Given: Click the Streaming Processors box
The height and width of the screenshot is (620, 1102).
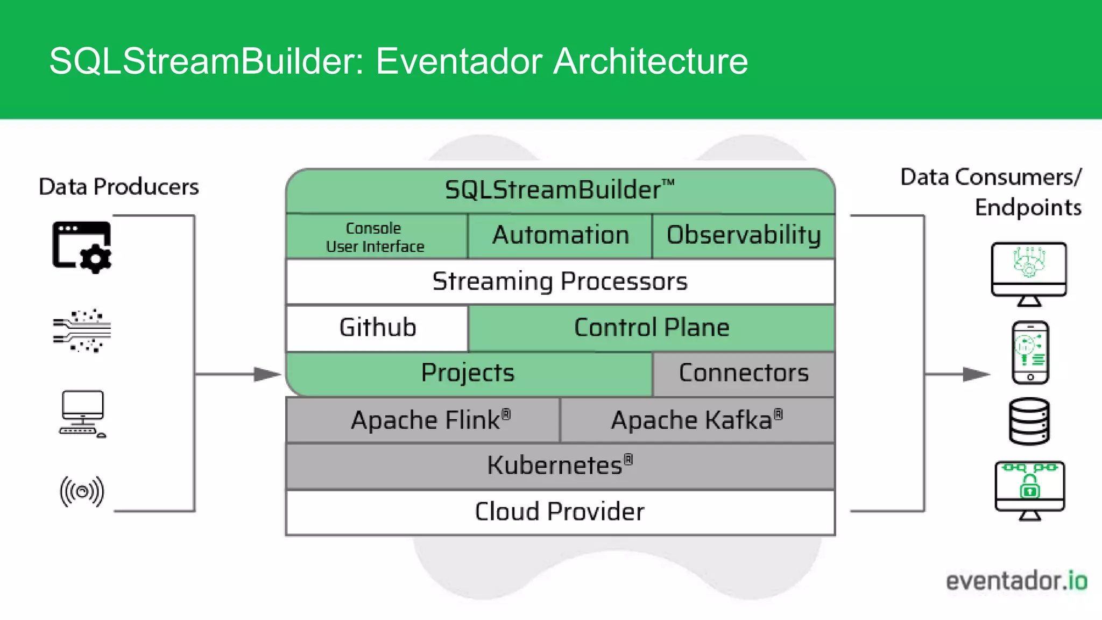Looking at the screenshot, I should pyautogui.click(x=560, y=281).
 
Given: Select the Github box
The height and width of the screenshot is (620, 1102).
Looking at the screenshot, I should pyautogui.click(x=377, y=328).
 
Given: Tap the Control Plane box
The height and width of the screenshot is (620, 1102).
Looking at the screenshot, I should pyautogui.click(x=651, y=328).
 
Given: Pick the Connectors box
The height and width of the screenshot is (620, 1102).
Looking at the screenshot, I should pyautogui.click(x=744, y=374).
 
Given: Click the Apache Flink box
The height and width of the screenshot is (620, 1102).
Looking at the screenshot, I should pyautogui.click(x=423, y=420).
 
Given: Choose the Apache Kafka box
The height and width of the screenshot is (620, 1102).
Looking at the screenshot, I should pyautogui.click(x=697, y=420).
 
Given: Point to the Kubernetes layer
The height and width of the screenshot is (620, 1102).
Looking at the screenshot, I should pyautogui.click(x=560, y=466).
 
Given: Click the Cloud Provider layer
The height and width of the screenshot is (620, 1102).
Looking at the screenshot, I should pyautogui.click(x=560, y=512).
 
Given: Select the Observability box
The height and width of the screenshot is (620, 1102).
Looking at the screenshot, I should pyautogui.click(x=744, y=236).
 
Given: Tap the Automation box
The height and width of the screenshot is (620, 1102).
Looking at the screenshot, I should pyautogui.click(x=560, y=236).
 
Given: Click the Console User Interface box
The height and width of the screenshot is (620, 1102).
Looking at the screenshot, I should pyautogui.click(x=376, y=237).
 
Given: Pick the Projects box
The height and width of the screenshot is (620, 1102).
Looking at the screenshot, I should pyautogui.click(x=468, y=374).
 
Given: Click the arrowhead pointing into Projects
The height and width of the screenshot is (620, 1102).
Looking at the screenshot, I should pyautogui.click(x=267, y=374).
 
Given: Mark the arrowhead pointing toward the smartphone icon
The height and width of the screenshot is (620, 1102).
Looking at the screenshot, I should pyautogui.click(x=976, y=374).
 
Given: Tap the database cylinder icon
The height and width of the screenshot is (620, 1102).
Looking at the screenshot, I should pyautogui.click(x=1029, y=421).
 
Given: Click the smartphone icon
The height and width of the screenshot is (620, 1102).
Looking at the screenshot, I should pyautogui.click(x=1030, y=353).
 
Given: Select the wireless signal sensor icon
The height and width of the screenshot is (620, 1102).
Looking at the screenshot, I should pyautogui.click(x=82, y=491).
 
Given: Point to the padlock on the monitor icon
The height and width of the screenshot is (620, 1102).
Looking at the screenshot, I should pyautogui.click(x=1030, y=487).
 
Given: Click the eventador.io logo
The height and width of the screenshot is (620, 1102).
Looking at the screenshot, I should pyautogui.click(x=1016, y=581).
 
